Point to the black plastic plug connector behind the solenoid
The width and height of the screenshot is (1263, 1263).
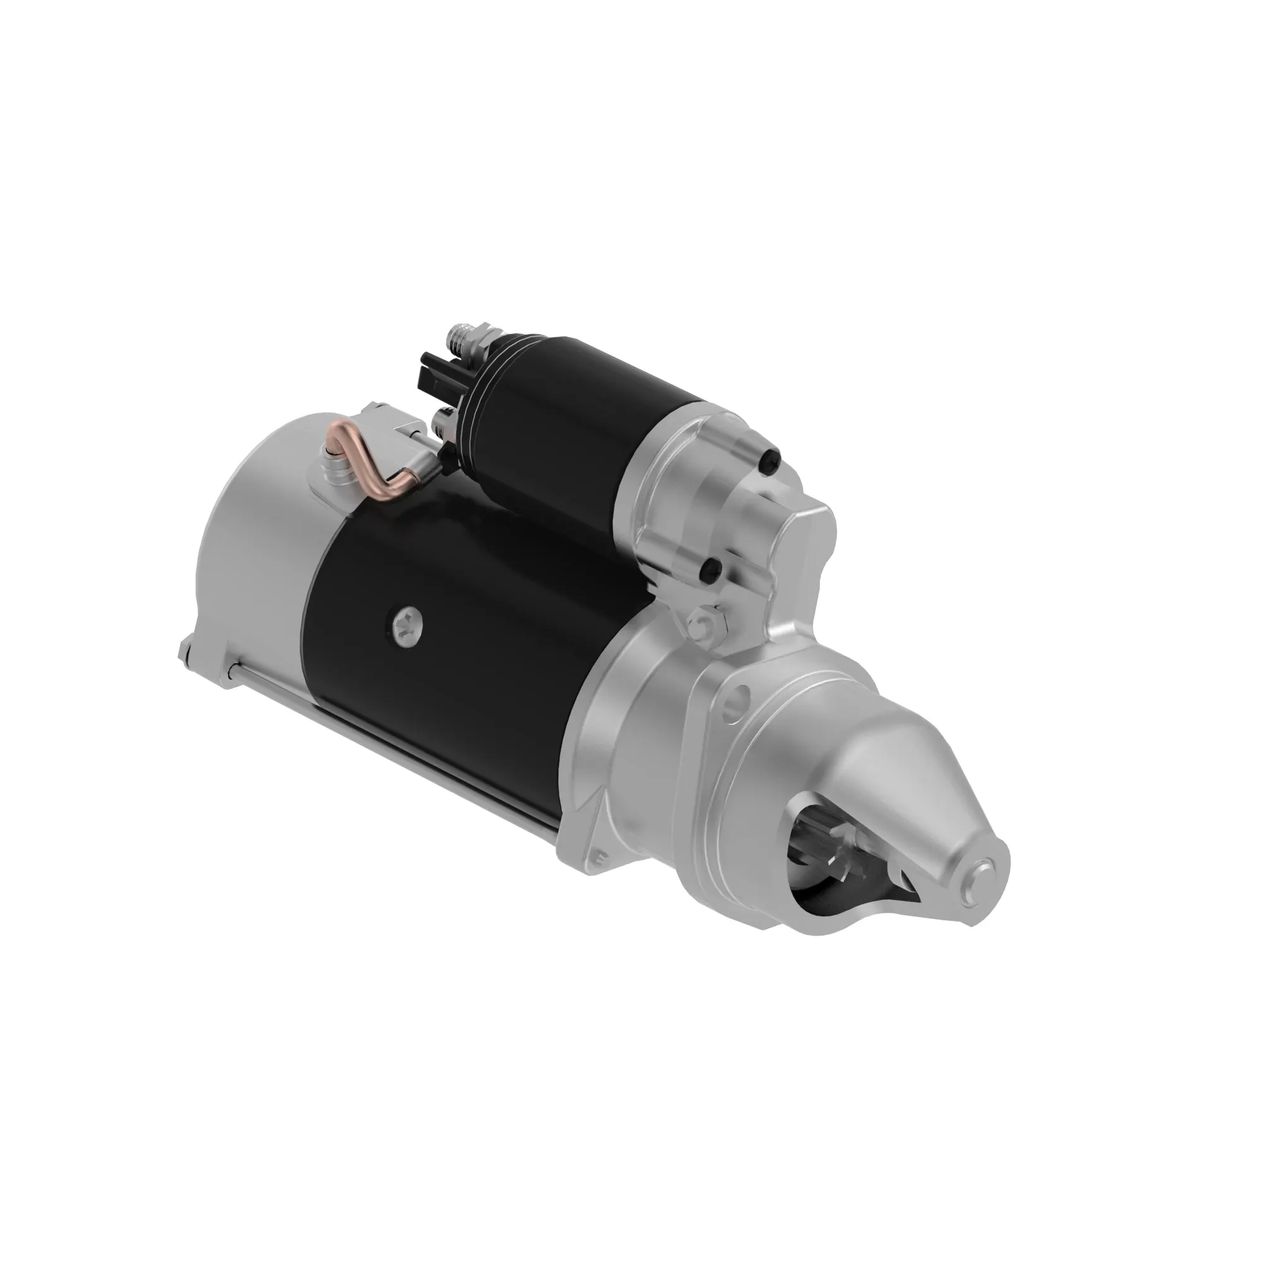tap(437, 373)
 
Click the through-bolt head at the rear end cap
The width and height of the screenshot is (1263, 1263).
tap(186, 650)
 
